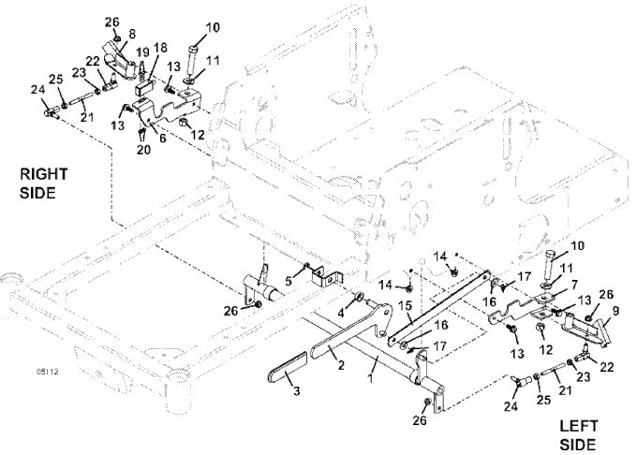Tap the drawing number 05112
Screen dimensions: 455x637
pyautogui.click(x=45, y=372)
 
